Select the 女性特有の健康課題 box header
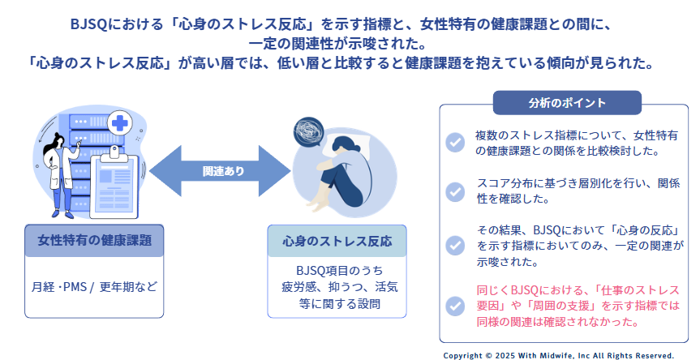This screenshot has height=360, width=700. (94, 241)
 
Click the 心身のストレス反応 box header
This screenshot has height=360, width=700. (337, 241)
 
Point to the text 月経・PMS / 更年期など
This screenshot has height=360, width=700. (94, 287)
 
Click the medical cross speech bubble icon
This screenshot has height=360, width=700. (121, 124)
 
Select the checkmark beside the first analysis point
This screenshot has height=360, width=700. (455, 141)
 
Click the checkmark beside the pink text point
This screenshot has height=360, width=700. (455, 306)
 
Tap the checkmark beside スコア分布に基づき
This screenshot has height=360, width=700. (455, 191)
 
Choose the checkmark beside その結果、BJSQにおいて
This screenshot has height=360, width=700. (455, 245)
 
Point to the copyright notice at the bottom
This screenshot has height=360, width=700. (558, 355)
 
